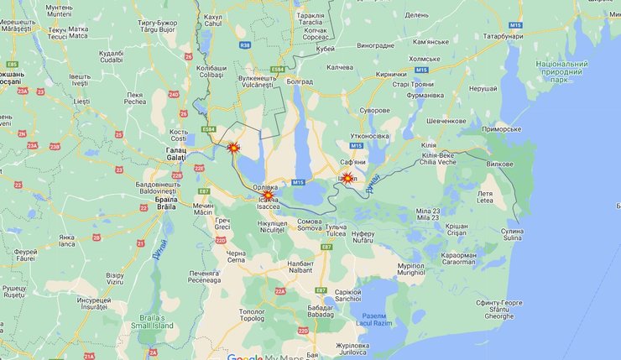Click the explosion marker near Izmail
pyautogui.click(x=347, y=178)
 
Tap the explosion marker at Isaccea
pyautogui.click(x=267, y=196)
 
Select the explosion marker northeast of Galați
pyautogui.click(x=234, y=148)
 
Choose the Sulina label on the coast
pyautogui.click(x=512, y=234)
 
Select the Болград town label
pyautogui.click(x=300, y=81)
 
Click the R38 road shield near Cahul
pyautogui.click(x=244, y=46)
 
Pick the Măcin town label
pyautogui.click(x=203, y=209)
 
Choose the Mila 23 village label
pyautogui.click(x=428, y=214)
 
